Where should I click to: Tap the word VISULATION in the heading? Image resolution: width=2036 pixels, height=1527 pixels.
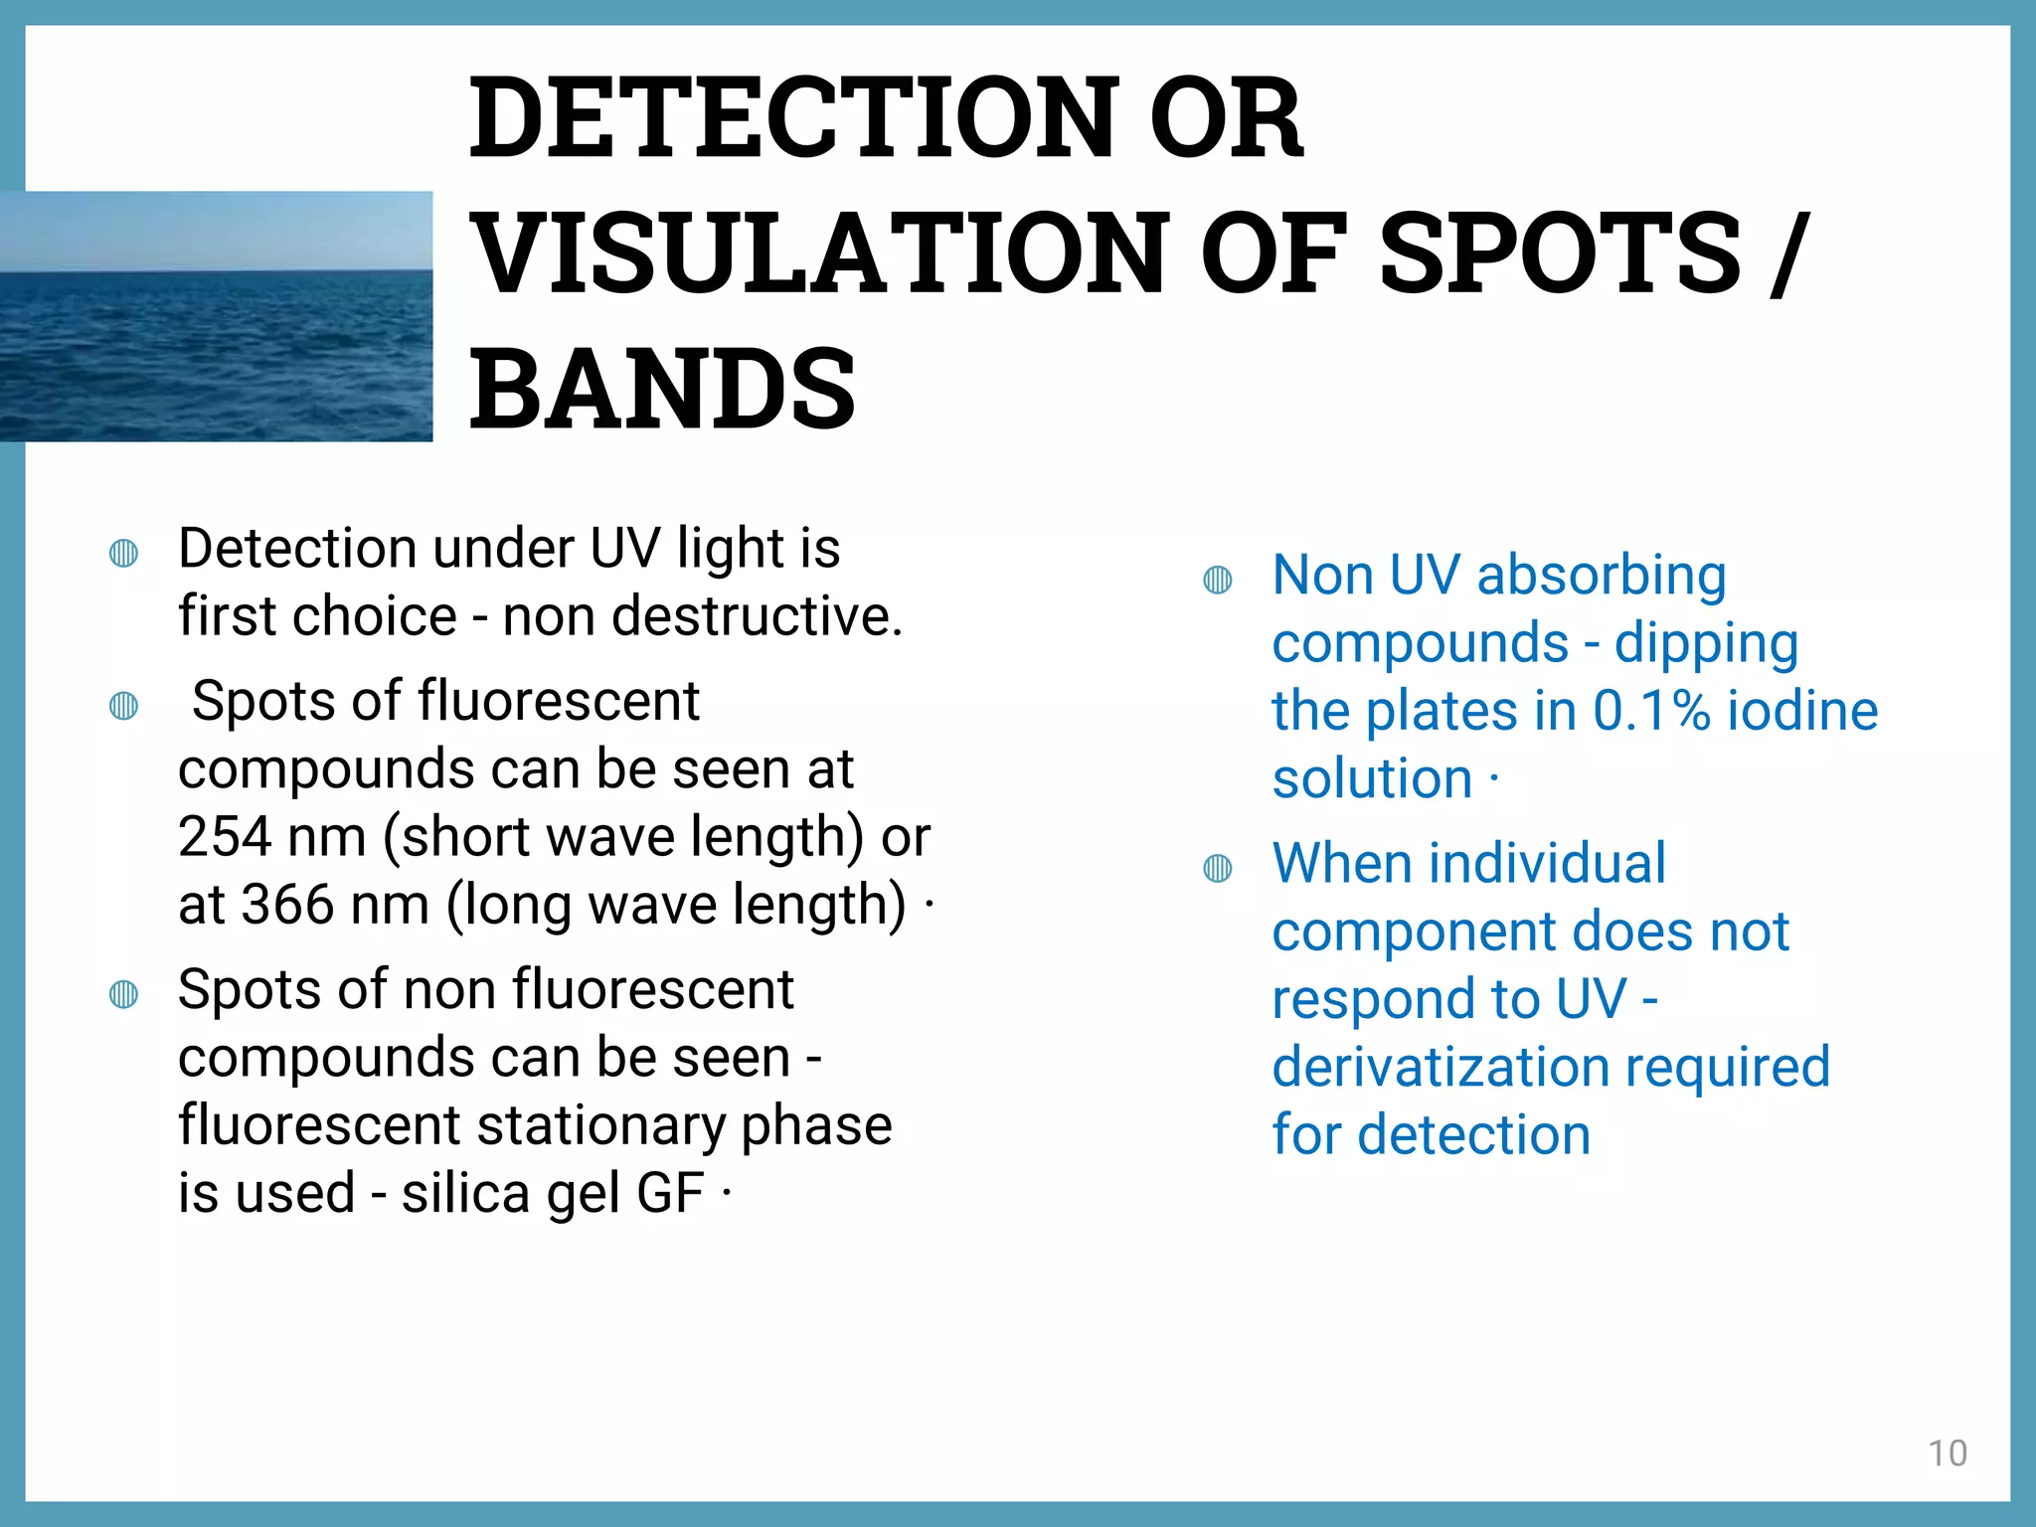click(819, 254)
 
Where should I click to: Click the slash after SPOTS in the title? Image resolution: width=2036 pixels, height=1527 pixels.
click(1785, 254)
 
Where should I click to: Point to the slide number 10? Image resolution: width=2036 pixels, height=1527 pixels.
click(1948, 1453)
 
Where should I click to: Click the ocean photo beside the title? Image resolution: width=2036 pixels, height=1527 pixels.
click(216, 316)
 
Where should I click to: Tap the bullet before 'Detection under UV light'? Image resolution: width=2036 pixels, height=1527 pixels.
click(123, 553)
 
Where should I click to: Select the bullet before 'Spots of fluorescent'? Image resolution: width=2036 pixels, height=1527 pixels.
click(123, 706)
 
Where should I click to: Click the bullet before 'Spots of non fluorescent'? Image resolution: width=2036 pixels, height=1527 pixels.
click(123, 994)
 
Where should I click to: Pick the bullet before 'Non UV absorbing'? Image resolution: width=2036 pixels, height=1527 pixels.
click(1218, 580)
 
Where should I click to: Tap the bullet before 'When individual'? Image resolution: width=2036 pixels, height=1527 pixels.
click(1218, 869)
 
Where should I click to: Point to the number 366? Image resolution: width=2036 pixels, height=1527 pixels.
click(287, 905)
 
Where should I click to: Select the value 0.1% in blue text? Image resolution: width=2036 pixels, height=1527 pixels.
click(1651, 712)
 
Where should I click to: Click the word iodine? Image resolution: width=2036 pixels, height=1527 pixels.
click(1802, 712)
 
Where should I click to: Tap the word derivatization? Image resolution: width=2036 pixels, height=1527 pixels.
click(1441, 1068)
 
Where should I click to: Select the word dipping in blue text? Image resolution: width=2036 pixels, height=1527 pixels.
click(1706, 644)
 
